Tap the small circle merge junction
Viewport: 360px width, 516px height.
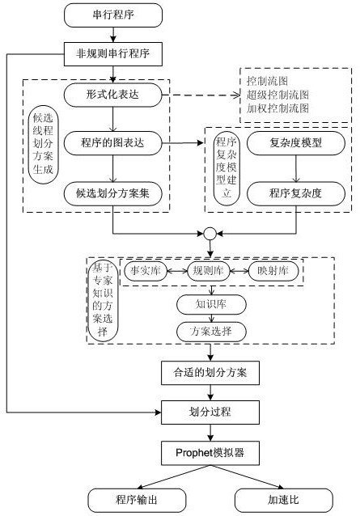click(210, 235)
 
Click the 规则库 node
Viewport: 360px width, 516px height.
click(210, 271)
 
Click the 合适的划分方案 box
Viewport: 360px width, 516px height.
click(210, 374)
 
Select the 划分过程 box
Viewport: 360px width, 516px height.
click(210, 412)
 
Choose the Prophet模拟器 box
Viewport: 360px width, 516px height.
click(210, 453)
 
